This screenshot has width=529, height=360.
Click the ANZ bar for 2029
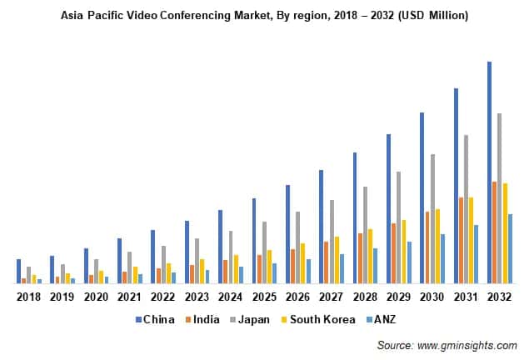pos(409,262)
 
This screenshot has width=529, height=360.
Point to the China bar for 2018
pos(19,271)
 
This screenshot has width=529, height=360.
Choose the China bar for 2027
pos(321,227)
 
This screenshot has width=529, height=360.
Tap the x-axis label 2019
pos(62,297)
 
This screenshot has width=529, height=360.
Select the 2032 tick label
pos(499,297)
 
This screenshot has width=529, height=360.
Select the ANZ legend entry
pos(379,319)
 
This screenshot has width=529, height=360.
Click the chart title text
pos(264,15)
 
